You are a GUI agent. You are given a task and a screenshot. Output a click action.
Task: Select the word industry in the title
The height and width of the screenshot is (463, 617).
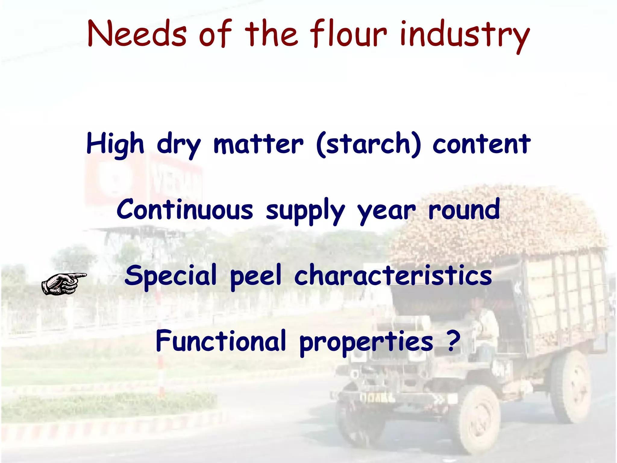[x=465, y=36]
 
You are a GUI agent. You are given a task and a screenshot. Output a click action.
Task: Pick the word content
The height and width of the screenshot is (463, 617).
[x=481, y=144]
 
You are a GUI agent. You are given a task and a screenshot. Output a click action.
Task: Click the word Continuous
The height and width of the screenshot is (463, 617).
[x=185, y=210]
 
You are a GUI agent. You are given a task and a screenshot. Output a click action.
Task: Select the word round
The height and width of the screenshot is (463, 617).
[x=464, y=209]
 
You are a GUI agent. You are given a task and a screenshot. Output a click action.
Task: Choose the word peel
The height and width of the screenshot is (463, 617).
[x=255, y=276]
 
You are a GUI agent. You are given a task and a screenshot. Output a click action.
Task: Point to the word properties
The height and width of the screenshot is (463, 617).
[x=366, y=342]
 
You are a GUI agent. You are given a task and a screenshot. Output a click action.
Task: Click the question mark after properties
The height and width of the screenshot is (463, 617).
[x=454, y=341]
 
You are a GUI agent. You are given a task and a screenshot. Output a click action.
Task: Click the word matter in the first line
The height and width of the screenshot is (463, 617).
[x=258, y=144]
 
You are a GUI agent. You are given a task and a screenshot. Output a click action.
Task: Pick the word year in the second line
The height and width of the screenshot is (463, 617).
[x=386, y=211]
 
